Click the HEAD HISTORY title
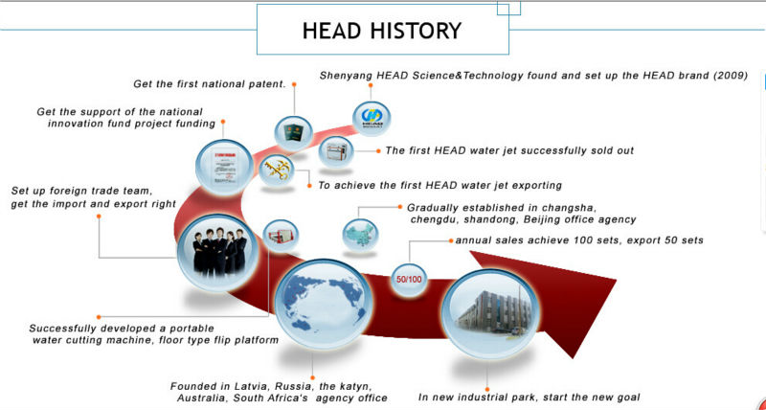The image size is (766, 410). (x=381, y=31)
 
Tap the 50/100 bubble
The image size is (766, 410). (x=409, y=280)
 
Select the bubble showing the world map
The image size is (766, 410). (x=324, y=304)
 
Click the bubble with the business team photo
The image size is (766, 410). (x=218, y=253)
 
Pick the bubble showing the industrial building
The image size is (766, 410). (x=491, y=313)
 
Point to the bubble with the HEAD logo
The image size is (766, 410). (x=372, y=119)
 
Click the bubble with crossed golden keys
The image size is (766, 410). (x=277, y=171)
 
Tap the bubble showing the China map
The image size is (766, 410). (x=360, y=235)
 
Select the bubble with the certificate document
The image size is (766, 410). (x=224, y=167)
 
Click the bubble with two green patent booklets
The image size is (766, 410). (x=293, y=133)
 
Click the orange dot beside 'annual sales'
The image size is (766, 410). (x=451, y=240)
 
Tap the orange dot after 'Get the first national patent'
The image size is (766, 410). (x=294, y=84)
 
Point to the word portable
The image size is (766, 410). (x=191, y=329)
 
